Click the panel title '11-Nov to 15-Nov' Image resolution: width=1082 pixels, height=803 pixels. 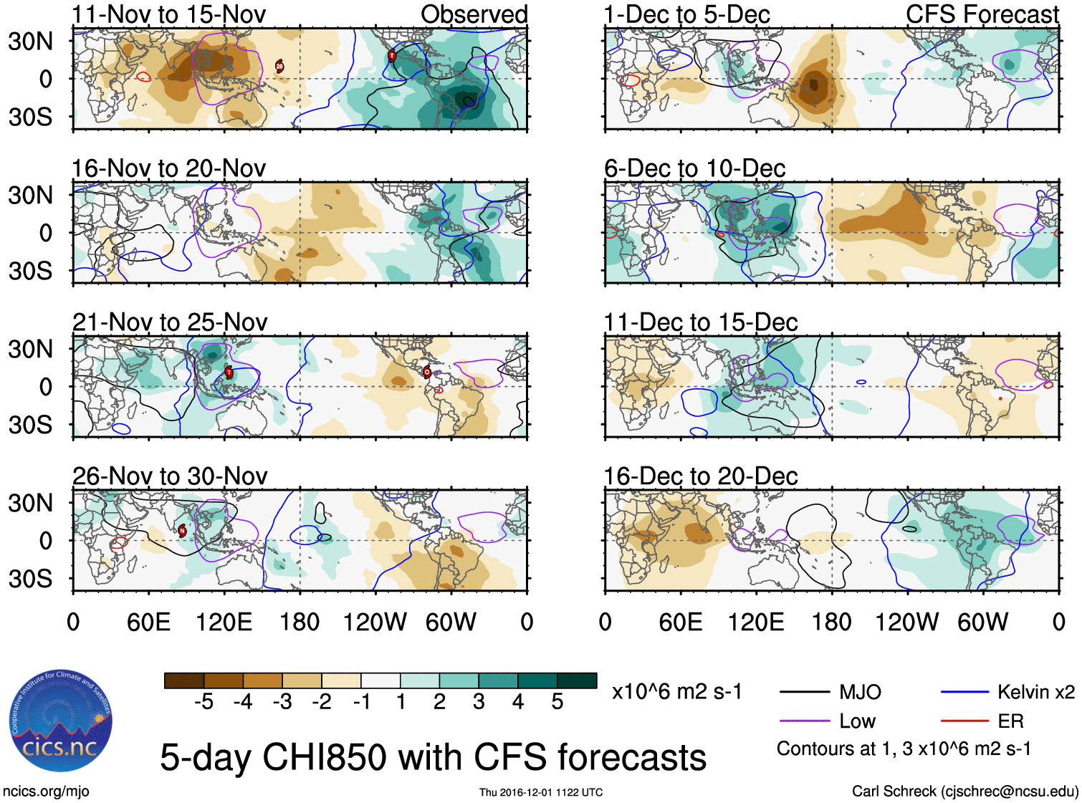169,14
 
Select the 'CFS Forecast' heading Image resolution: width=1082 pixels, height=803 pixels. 982,14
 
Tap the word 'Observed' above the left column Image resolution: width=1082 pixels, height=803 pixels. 474,14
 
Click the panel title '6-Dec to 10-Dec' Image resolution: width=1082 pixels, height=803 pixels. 694,168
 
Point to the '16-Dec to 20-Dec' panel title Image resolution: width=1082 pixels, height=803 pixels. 700,476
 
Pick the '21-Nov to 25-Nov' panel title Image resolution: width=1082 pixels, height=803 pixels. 170,322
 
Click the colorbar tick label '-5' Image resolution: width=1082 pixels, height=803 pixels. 204,702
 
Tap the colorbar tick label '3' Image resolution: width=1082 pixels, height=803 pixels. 479,702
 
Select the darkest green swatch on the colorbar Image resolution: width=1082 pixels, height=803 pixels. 577,681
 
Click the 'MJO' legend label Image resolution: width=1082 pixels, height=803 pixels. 860,692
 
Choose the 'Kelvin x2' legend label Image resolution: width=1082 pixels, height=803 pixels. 1036,692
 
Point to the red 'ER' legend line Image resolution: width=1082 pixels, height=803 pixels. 964,721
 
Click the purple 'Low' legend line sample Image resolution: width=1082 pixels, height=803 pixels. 804,721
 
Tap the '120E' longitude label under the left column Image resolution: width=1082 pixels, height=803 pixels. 224,622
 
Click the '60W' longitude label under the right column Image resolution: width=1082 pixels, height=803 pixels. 982,622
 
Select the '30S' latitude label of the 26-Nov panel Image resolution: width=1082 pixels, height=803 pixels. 30,579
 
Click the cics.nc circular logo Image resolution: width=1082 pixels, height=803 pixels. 60,721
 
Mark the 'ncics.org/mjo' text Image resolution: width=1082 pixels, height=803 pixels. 46,791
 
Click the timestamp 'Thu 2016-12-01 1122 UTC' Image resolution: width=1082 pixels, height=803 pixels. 541,792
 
